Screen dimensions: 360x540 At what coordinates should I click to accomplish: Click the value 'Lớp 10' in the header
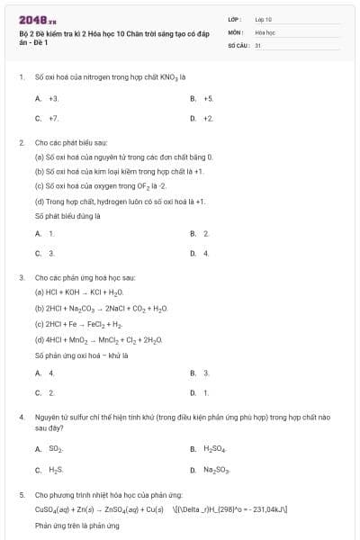(264, 19)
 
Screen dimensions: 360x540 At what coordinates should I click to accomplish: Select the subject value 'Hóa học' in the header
(265, 31)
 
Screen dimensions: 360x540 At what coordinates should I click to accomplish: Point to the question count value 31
(258, 44)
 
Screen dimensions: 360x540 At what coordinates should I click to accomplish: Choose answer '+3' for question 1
(53, 97)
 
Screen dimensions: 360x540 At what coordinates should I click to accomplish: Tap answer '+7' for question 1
(53, 118)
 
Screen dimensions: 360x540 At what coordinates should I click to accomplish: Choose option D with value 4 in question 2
(206, 254)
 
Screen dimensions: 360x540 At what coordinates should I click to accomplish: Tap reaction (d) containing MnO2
(98, 339)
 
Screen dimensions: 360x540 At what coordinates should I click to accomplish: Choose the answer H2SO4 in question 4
(214, 448)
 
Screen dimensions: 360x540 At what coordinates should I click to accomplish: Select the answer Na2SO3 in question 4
(215, 470)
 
